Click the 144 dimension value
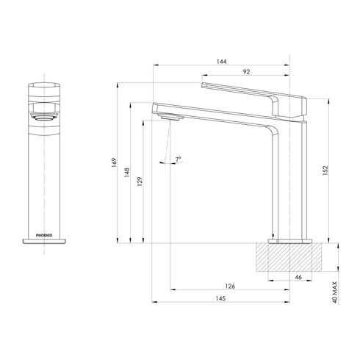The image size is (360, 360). [221, 62]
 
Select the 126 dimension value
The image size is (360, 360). [229, 287]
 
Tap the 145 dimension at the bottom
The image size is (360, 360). [221, 300]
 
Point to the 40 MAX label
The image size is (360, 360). [335, 289]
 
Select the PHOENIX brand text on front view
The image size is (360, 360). [45, 236]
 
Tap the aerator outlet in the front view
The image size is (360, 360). [44, 115]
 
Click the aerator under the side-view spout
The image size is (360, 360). [170, 118]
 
